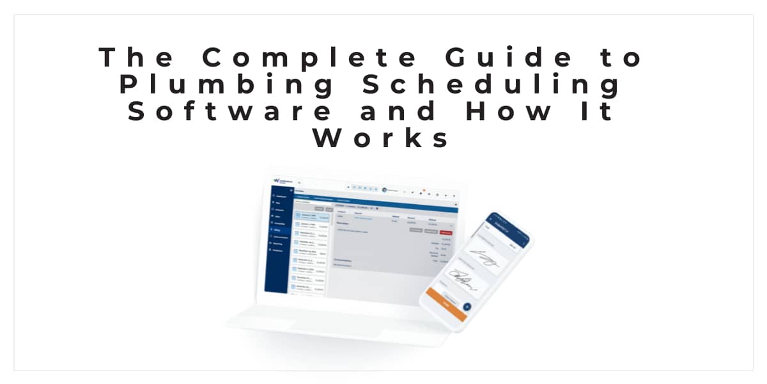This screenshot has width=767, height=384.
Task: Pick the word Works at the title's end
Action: [382, 138]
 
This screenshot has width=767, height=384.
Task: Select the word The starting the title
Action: [136, 58]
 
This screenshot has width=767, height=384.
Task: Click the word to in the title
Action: [624, 58]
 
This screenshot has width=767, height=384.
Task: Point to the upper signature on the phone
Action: [484, 259]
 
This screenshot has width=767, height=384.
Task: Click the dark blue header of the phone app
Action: [507, 228]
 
